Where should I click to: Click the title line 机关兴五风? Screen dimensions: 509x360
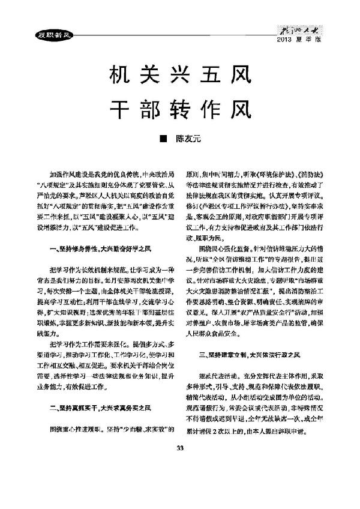[179, 76]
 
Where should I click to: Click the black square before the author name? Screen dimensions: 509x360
[162, 139]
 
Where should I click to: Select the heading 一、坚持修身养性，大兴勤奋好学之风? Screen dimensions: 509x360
[96, 247]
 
